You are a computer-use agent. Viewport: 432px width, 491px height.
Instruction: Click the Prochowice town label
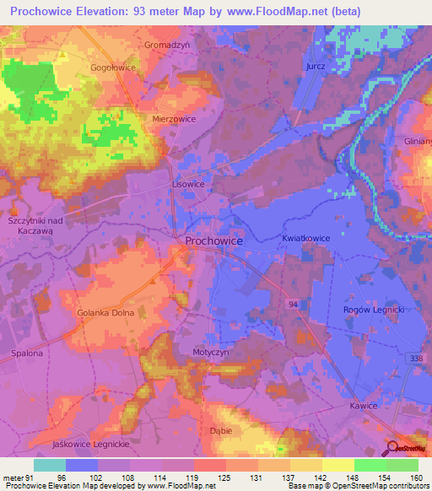(214, 241)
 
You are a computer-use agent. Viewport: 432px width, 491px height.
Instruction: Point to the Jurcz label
(316, 66)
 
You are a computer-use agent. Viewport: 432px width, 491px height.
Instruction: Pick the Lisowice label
(188, 183)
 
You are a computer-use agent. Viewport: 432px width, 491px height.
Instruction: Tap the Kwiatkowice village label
(306, 239)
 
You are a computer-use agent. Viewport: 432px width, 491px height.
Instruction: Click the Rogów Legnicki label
(375, 310)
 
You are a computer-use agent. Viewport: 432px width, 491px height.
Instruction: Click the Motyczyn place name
(211, 353)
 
